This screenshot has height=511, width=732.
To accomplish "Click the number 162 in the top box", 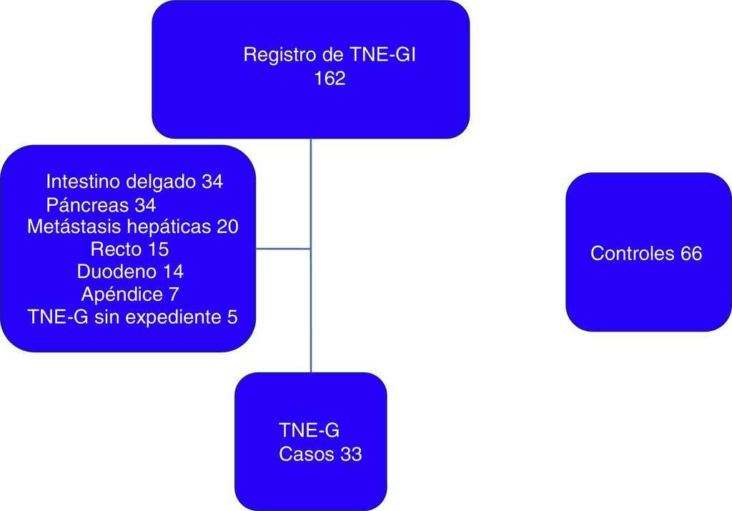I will click(x=330, y=79).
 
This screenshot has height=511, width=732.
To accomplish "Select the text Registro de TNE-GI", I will click(x=330, y=55).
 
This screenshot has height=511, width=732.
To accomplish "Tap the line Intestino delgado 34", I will click(x=134, y=182).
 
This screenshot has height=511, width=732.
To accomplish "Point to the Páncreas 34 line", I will click(x=101, y=205).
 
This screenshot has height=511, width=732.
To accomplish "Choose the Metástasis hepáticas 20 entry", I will click(x=132, y=227).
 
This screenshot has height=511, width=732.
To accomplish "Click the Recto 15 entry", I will click(x=129, y=249).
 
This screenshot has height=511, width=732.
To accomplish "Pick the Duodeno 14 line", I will click(x=130, y=272).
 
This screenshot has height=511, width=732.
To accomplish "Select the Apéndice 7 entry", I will click(x=130, y=294).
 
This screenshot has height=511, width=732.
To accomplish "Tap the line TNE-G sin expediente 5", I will click(x=132, y=317).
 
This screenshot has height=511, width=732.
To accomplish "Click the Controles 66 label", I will click(x=646, y=254).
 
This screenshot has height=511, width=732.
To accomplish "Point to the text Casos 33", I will click(x=320, y=455).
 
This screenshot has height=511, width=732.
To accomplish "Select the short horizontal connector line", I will click(x=283, y=249).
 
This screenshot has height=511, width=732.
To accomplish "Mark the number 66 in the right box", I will click(x=691, y=254).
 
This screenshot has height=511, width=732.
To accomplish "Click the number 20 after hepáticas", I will click(x=227, y=227).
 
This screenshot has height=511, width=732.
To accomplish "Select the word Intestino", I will click(x=79, y=182).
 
